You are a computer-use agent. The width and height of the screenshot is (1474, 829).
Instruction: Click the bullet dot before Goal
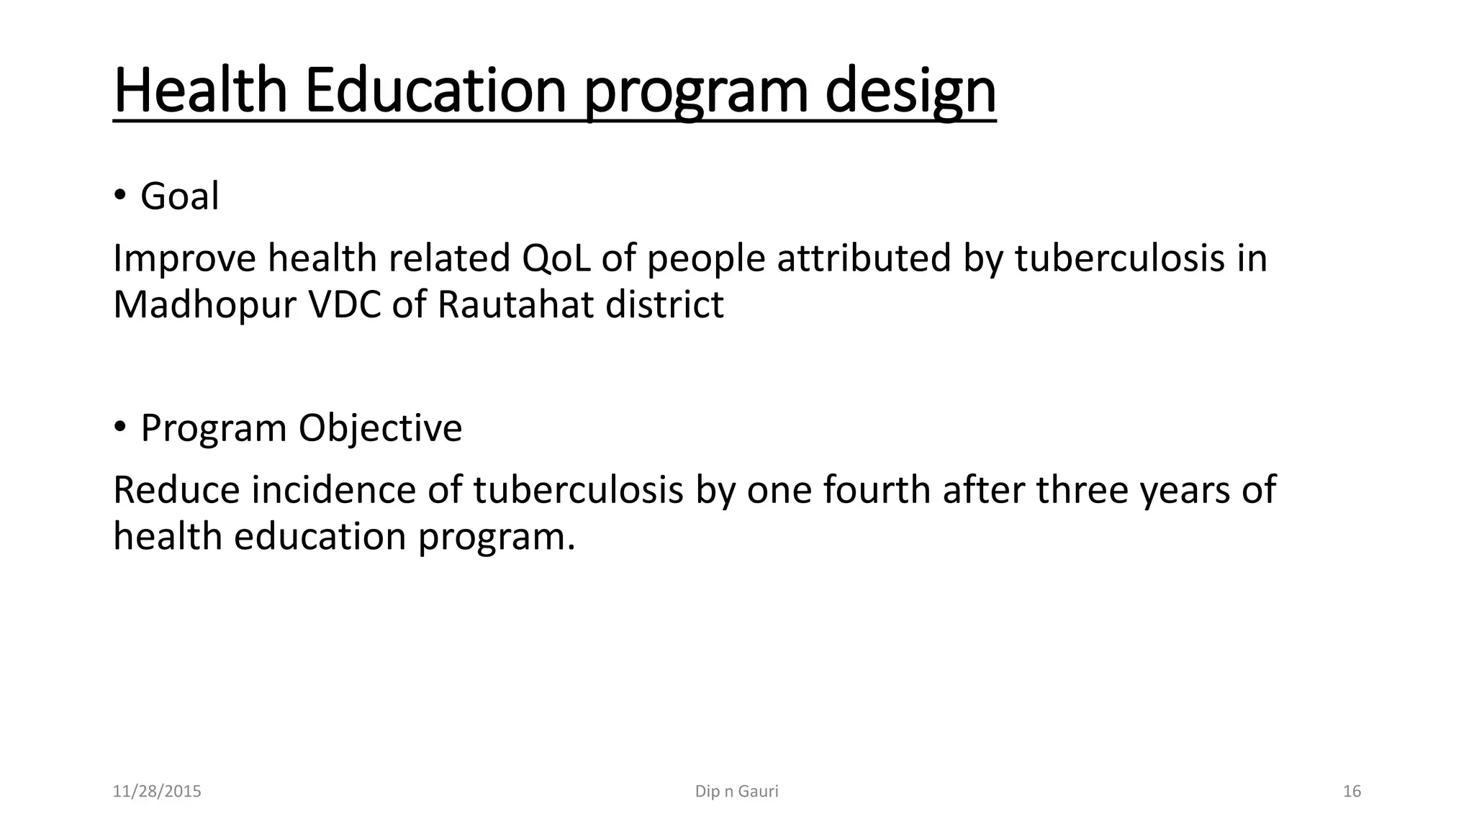click(x=119, y=196)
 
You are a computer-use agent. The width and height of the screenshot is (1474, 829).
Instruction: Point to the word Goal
click(x=179, y=196)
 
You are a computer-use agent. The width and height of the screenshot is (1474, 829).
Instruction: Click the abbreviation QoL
click(x=556, y=258)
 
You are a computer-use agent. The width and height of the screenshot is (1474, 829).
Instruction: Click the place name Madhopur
click(x=204, y=305)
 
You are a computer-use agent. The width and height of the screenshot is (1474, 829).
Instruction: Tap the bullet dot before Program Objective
click(x=119, y=427)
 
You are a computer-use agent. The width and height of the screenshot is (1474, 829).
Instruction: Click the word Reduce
click(x=176, y=490)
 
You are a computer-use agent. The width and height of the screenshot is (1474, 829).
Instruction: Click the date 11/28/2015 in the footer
click(x=157, y=792)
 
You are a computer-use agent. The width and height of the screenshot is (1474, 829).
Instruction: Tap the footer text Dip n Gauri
click(x=736, y=792)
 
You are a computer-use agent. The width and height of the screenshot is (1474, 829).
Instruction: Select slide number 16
click(x=1352, y=792)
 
